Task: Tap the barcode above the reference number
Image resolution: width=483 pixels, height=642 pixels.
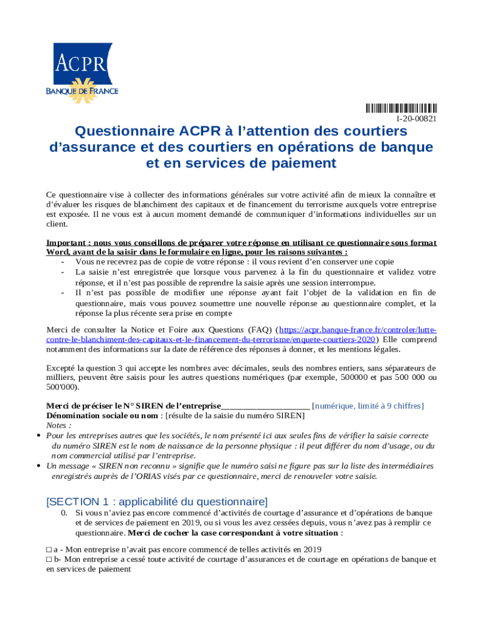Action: tap(401, 108)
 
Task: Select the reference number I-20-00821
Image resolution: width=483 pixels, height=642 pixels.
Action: tap(416, 118)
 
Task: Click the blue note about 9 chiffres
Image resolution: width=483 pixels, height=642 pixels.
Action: tap(368, 406)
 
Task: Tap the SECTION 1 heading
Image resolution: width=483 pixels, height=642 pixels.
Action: tap(157, 502)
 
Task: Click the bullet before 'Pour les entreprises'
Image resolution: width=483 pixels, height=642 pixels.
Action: tap(39, 435)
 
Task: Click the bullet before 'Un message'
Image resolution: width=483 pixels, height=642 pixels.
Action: tap(39, 466)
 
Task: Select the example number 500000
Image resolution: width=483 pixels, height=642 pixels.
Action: tap(356, 378)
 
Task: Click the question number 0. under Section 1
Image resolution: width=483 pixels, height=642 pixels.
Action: tap(64, 513)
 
